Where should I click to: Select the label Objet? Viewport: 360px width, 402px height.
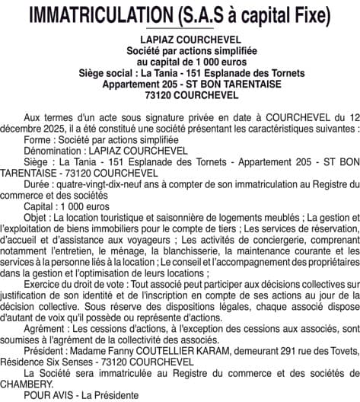[37, 216]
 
